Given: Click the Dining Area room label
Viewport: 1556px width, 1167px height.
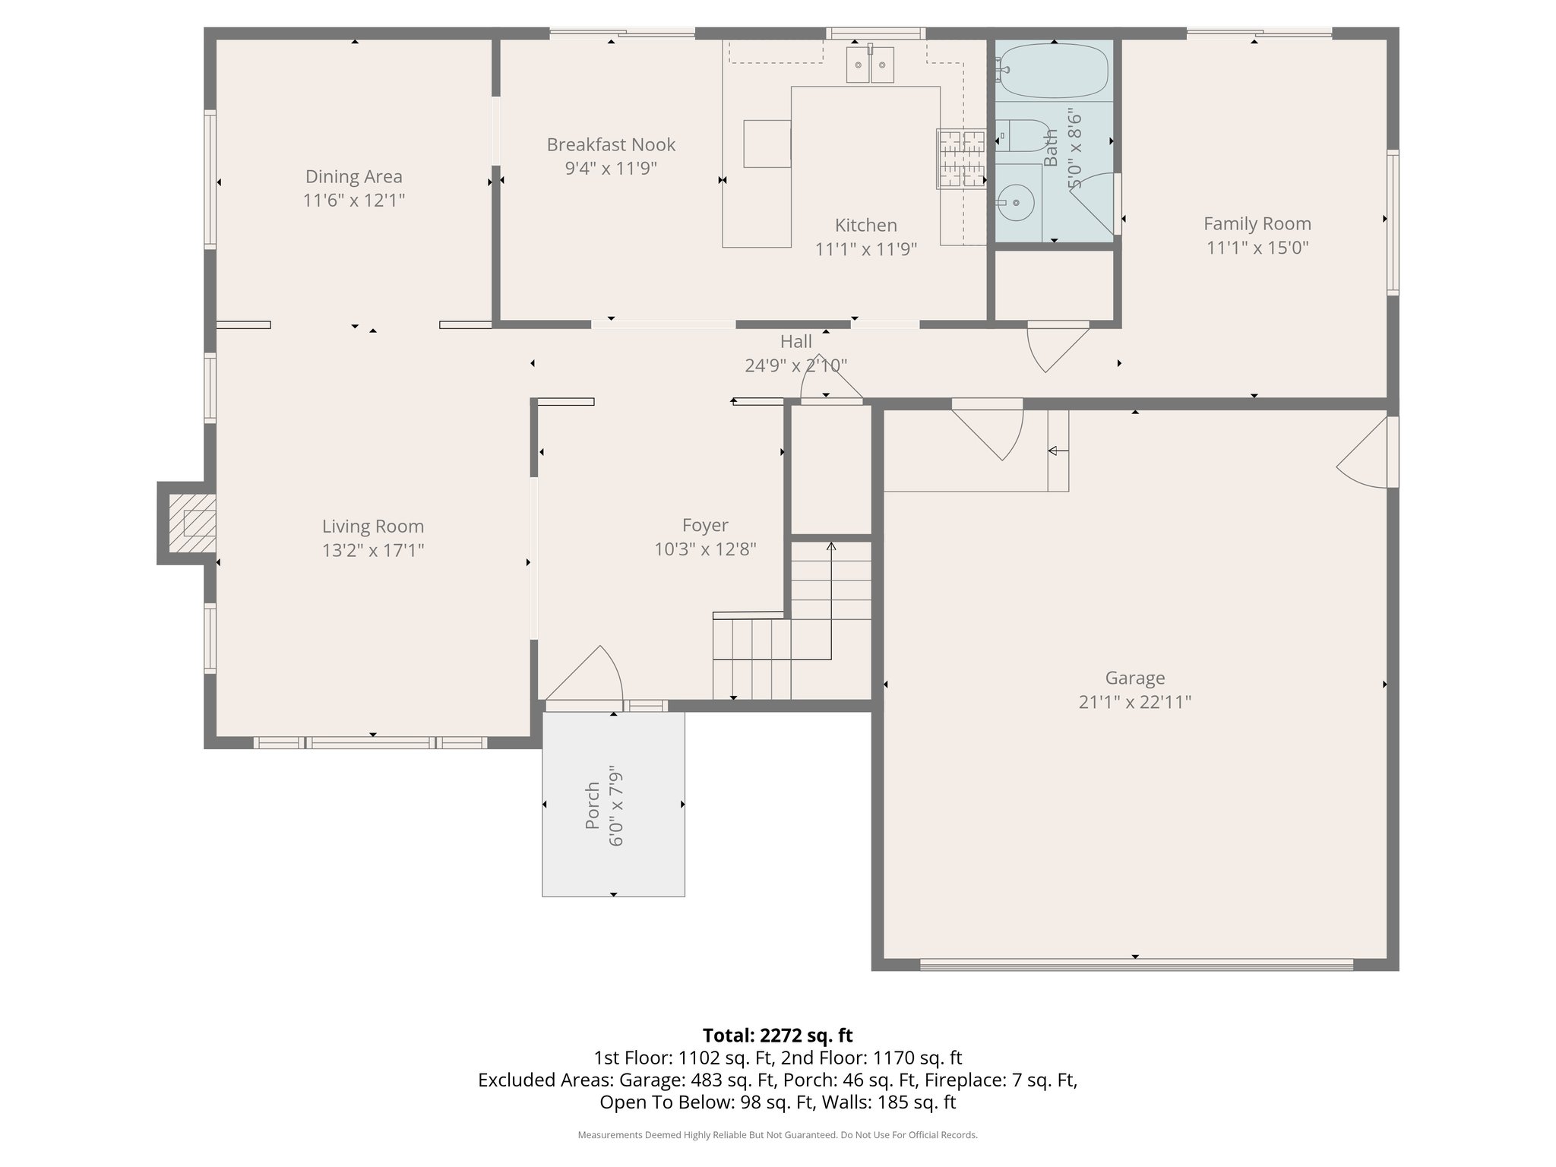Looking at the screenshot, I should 353,176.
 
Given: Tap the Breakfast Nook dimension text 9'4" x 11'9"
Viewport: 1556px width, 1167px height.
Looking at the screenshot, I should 611,168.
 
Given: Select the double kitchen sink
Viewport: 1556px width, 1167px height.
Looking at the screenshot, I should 871,64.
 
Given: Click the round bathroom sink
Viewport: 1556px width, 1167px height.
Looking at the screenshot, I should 1016,203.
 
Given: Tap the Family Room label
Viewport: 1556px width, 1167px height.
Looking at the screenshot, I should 1257,223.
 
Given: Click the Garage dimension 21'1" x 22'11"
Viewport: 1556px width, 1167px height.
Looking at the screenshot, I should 1134,702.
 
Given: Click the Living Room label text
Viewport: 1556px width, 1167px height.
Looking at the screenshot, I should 372,526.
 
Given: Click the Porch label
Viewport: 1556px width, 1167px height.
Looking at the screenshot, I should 593,805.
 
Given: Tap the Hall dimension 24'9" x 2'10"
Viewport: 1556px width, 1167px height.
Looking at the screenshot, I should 795,365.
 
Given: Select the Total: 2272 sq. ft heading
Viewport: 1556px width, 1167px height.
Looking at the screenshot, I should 777,1036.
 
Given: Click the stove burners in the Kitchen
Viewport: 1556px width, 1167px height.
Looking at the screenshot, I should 960,159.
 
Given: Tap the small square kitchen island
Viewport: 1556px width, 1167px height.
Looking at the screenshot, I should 767,144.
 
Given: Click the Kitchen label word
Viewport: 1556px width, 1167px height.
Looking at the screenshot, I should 865,225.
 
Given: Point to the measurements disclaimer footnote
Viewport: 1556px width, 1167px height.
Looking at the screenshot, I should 777,1135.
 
